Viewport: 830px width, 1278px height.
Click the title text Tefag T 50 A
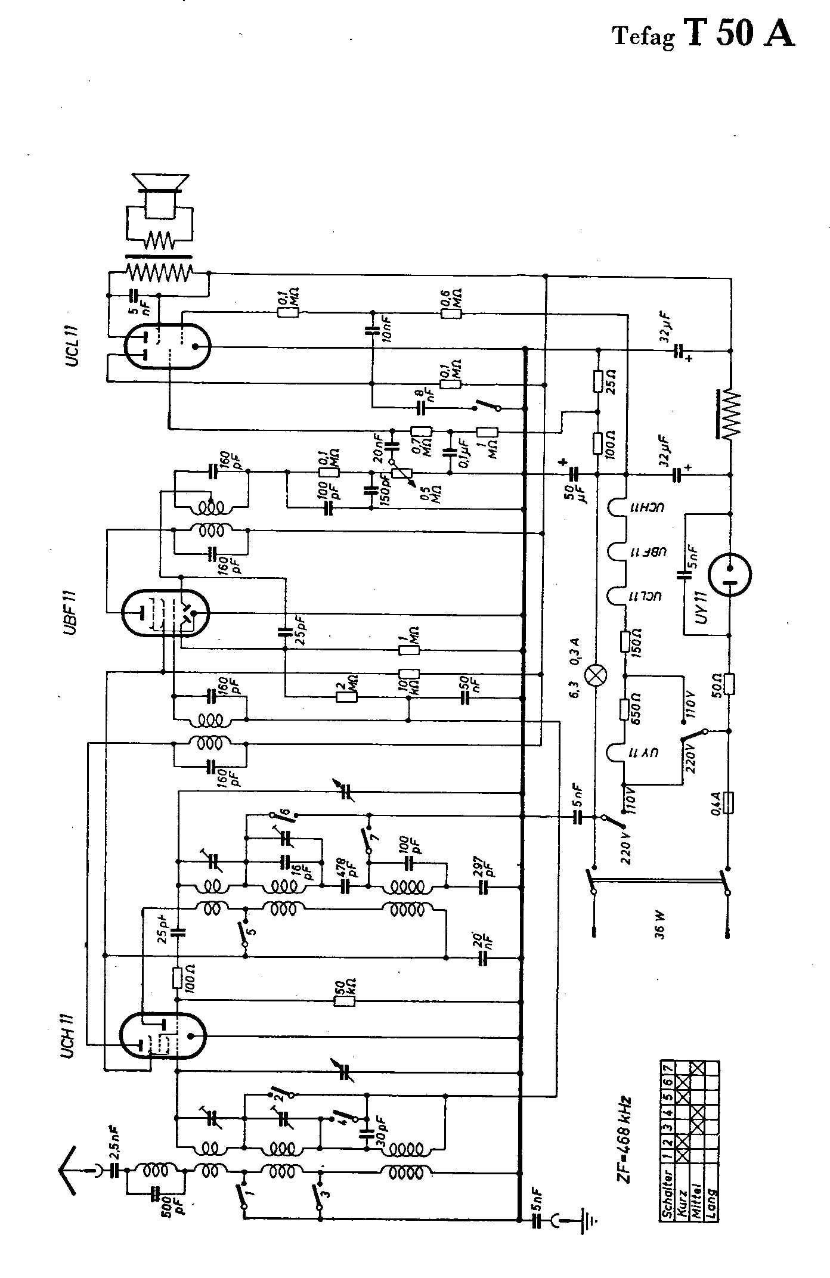coord(704,35)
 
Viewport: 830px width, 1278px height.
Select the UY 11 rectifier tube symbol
coord(729,575)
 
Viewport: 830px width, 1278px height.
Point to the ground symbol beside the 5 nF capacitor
coord(591,1221)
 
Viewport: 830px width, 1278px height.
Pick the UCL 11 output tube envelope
coord(168,346)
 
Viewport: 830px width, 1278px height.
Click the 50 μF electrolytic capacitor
coord(574,474)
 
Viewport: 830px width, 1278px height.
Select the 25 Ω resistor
coord(597,381)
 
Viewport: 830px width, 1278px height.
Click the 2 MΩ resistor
coord(346,696)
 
